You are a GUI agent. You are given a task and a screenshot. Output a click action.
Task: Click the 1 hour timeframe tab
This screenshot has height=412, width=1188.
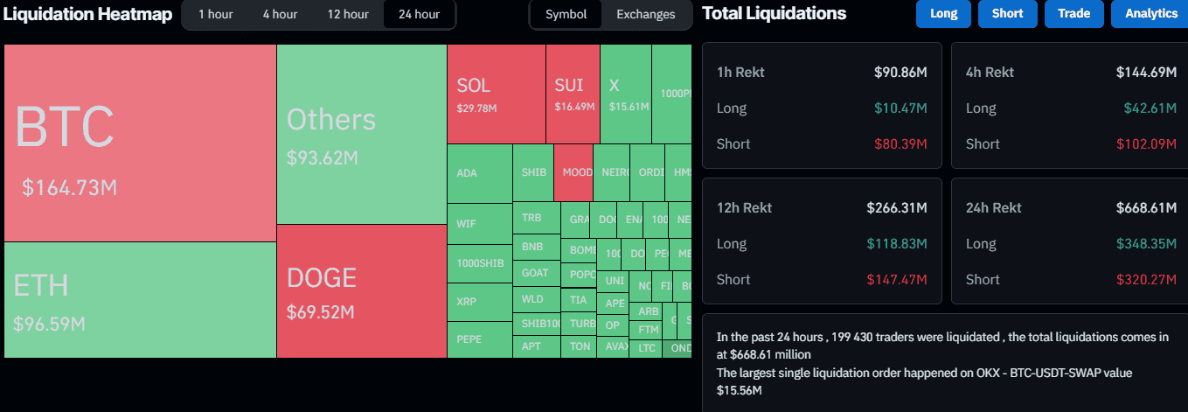(214, 14)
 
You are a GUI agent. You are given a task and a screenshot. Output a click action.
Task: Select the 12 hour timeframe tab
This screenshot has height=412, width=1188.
(347, 14)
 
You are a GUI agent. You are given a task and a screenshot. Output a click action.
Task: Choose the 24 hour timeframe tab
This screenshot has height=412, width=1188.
(419, 14)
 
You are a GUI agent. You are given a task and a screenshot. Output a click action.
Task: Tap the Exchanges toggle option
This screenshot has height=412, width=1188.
(645, 14)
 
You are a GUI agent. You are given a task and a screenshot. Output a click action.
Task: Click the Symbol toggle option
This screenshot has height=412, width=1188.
(566, 14)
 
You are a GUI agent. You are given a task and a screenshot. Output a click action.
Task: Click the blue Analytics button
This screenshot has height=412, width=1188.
(1150, 14)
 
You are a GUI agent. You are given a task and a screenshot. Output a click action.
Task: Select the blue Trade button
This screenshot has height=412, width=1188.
(1073, 14)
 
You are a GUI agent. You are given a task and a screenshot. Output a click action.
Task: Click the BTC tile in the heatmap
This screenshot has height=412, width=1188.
(140, 143)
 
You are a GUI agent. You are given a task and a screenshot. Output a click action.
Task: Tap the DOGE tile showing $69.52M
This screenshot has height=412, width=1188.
(361, 291)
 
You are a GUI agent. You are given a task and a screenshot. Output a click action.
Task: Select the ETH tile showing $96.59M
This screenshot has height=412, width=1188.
(140, 299)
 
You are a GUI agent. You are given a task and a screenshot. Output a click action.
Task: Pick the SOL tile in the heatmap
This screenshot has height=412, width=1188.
(496, 94)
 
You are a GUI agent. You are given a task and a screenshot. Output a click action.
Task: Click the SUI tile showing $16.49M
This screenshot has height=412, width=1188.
(573, 94)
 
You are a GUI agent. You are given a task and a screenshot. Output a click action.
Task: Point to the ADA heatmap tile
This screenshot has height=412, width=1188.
(478, 173)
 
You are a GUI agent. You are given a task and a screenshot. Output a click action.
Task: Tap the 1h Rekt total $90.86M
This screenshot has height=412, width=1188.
(900, 73)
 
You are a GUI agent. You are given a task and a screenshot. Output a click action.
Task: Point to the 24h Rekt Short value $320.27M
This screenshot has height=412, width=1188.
(1146, 280)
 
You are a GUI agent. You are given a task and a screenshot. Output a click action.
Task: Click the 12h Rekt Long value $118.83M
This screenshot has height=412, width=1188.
(896, 244)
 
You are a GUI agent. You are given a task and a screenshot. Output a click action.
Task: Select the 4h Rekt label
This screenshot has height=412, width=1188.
(990, 73)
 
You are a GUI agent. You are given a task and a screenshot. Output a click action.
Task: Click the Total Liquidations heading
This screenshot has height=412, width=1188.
(774, 14)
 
